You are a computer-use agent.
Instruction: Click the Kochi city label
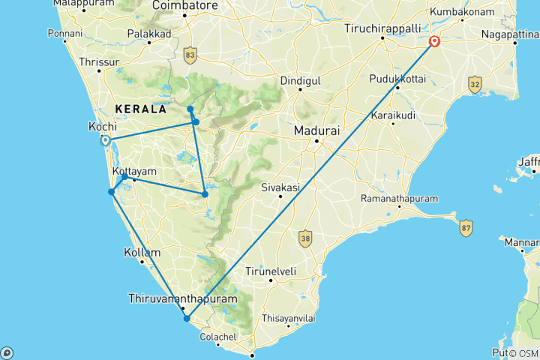coord(102,127)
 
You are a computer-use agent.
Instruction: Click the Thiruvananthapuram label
coord(183,298)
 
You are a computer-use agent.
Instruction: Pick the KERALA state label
coord(140,109)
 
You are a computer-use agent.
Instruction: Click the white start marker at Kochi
coord(106,140)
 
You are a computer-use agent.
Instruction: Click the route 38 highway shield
coord(304,238)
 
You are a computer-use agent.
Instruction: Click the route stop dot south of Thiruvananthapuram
coord(187,319)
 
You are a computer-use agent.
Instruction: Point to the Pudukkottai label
coord(397,78)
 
